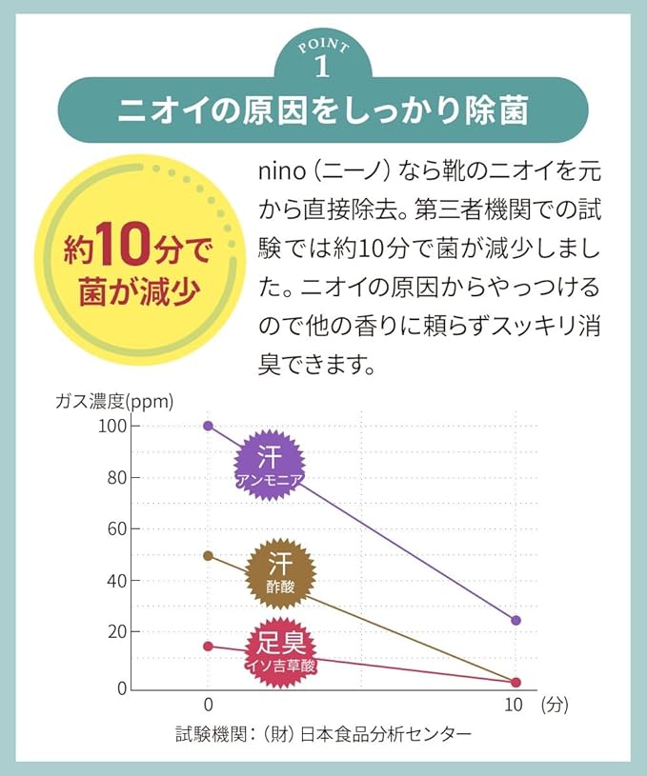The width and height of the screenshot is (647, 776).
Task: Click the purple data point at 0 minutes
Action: [x=209, y=426]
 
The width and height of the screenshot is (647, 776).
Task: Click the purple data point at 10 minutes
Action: [x=516, y=620]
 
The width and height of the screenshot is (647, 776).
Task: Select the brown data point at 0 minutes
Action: [x=209, y=555]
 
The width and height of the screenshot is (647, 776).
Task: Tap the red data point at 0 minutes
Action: [x=209, y=646]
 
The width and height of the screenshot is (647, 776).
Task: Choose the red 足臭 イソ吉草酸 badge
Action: [x=281, y=647]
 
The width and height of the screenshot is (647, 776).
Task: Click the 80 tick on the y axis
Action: [x=116, y=477]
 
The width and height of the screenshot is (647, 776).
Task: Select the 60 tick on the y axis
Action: [x=116, y=528]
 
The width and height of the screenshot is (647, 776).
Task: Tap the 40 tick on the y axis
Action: [x=116, y=580]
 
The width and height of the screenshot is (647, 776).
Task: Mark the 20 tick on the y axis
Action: [x=116, y=631]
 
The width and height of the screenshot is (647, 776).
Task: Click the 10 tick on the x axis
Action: [x=515, y=706]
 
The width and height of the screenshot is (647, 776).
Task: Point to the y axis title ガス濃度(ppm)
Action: [x=115, y=401]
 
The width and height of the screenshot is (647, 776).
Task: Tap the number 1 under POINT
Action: [x=322, y=68]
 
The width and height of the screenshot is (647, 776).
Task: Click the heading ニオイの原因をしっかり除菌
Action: [x=322, y=110]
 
